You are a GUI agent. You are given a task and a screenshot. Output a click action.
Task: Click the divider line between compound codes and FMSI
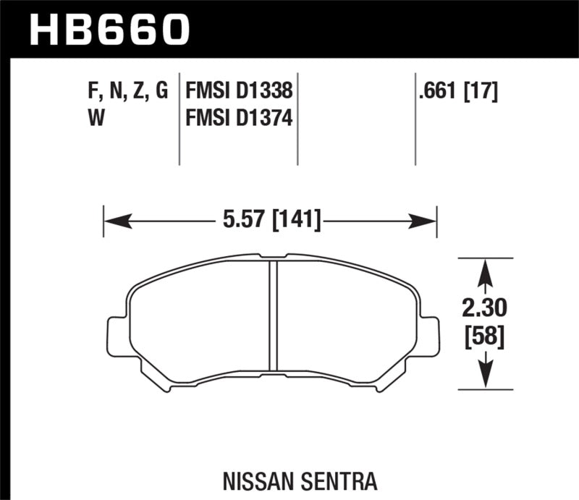pyautogui.click(x=179, y=119)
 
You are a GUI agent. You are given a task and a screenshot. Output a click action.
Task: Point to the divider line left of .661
pyautogui.click(x=415, y=119)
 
